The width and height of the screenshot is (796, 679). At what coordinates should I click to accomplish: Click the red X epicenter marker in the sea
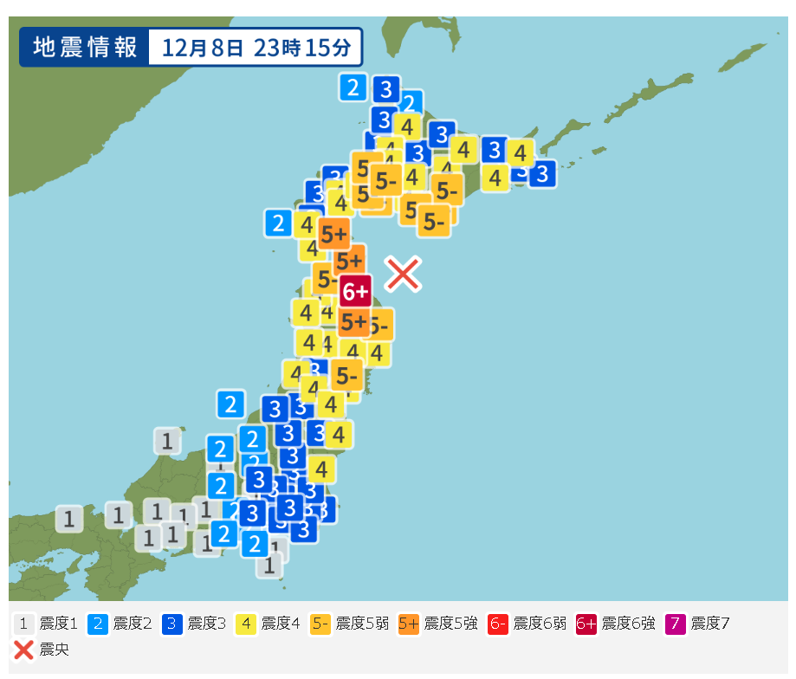pos(403,274)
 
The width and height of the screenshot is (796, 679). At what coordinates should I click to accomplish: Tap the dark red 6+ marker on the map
pos(355,292)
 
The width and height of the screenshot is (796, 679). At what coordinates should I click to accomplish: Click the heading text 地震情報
pos(85,48)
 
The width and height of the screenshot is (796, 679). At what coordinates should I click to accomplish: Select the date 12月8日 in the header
pos(201,48)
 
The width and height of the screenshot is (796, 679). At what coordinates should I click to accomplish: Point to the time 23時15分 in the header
pos(302,48)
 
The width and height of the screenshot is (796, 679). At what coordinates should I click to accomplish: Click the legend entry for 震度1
pos(48,624)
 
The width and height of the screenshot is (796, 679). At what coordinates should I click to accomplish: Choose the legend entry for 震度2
pos(121,624)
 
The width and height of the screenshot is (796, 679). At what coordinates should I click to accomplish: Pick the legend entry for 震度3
pos(195,624)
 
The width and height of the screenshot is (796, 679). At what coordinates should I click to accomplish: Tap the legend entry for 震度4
pos(269,624)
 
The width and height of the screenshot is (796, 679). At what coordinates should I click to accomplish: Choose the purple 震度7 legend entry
pos(697,624)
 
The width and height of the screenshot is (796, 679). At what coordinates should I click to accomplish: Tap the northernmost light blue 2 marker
pos(353,87)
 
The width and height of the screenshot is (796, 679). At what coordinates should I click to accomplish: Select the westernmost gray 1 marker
pos(68,519)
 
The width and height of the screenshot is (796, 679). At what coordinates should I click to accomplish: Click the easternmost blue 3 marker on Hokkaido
pos(542,174)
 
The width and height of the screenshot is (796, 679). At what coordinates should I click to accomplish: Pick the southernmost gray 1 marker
pos(269,566)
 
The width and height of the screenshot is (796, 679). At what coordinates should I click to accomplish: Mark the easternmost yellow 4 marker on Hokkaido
pos(520,153)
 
